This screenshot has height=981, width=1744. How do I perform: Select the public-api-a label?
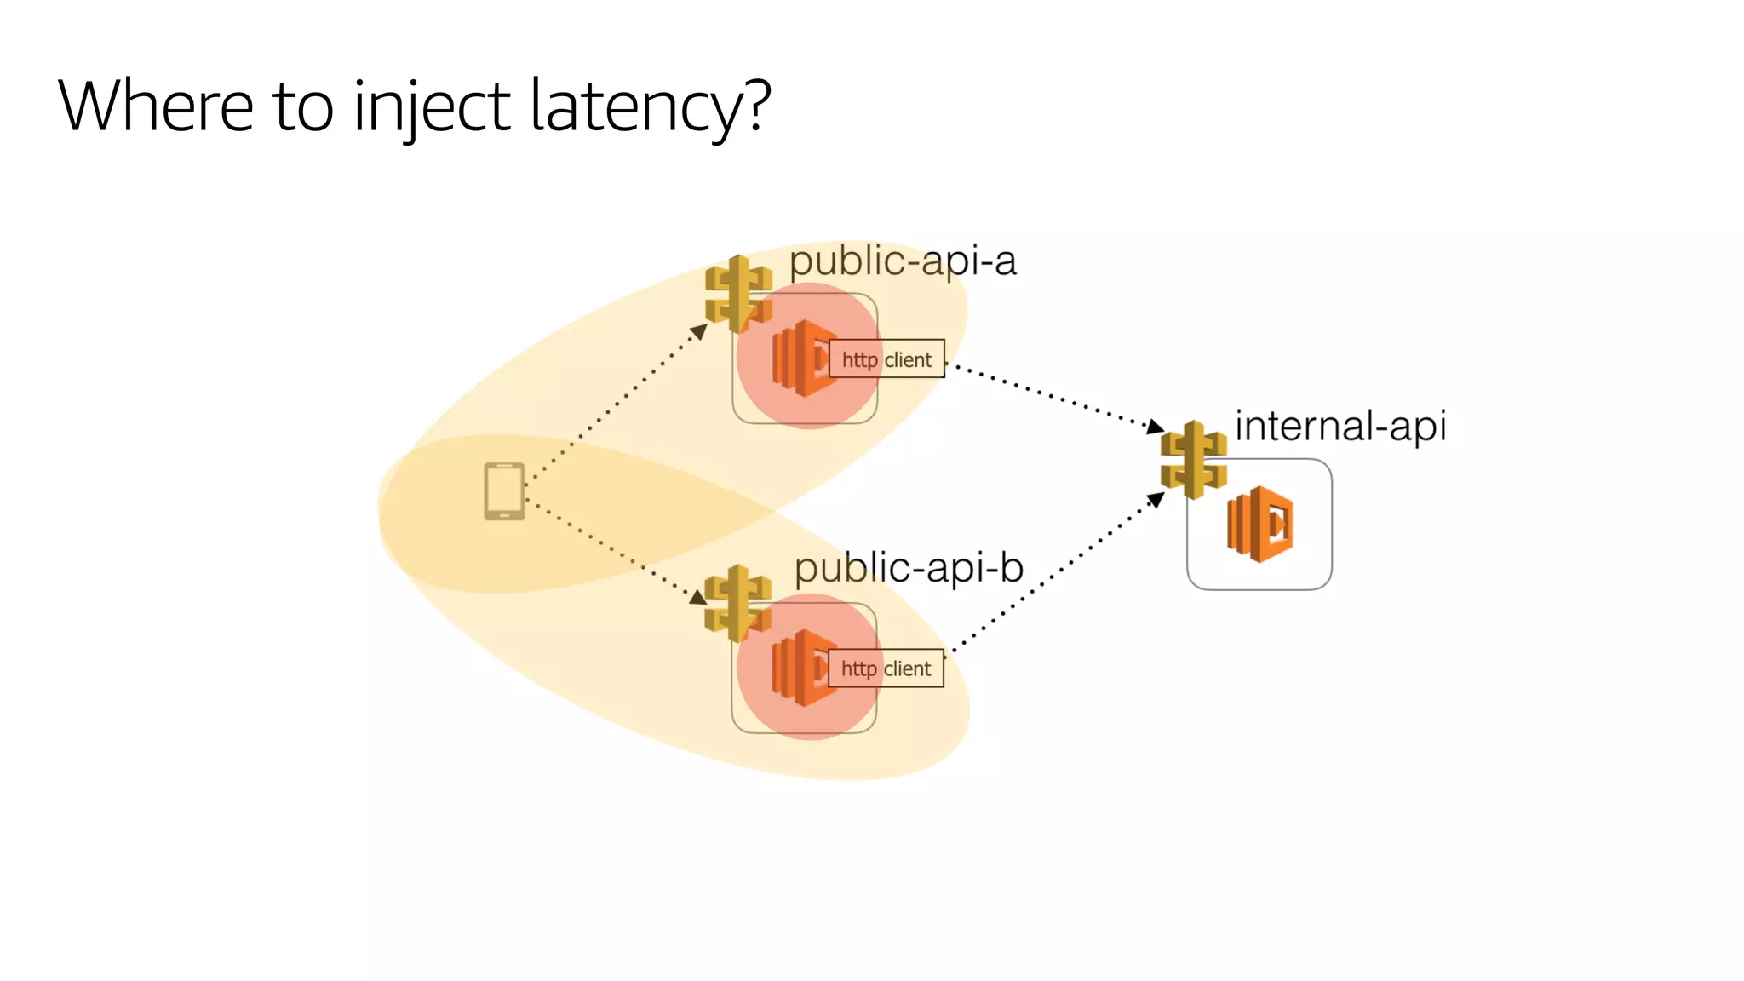click(903, 261)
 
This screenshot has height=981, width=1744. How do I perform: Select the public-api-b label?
click(909, 568)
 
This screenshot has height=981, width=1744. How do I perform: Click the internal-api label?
click(1340, 426)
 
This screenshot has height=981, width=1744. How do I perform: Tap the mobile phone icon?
click(504, 491)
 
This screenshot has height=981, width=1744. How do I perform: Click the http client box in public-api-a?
click(886, 359)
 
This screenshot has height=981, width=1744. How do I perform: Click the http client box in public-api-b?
click(886, 668)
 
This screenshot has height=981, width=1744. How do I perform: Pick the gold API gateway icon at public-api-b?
click(737, 603)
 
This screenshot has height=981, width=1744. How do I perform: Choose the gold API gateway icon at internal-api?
click(1194, 460)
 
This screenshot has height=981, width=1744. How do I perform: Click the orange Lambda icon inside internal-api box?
click(1260, 524)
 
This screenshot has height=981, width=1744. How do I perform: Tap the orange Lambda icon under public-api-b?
click(800, 668)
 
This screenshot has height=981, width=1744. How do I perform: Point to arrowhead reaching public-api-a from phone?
click(700, 331)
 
